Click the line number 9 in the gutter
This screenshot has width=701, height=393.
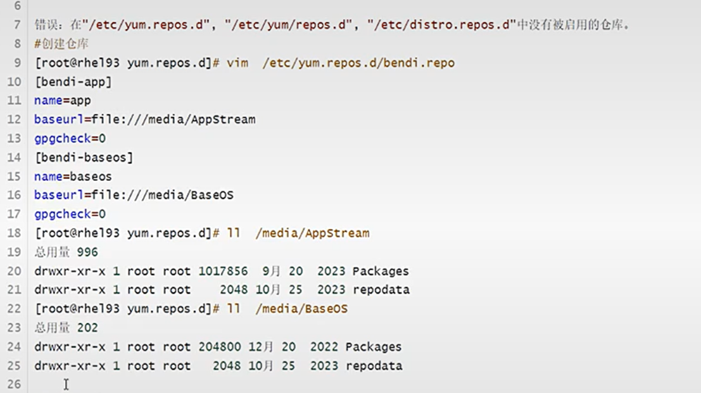point(16,63)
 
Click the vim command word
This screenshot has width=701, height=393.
point(237,63)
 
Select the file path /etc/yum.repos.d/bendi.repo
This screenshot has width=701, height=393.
point(358,63)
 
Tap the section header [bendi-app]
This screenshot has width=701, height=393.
point(73,82)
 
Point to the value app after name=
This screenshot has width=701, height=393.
point(80,101)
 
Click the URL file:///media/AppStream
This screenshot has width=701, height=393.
point(174,120)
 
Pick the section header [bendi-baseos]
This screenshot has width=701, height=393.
point(84,158)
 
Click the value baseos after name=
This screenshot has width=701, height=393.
point(91,177)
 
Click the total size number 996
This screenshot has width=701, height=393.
point(87,253)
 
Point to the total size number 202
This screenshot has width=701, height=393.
point(87,328)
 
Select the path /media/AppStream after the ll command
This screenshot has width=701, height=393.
point(313,234)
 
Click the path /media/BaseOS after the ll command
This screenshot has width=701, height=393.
point(302,309)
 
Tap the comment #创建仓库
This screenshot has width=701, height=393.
point(61,44)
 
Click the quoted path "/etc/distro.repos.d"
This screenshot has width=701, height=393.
point(441,25)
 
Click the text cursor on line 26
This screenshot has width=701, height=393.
point(66,384)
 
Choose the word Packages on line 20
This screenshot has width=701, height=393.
point(381,271)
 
